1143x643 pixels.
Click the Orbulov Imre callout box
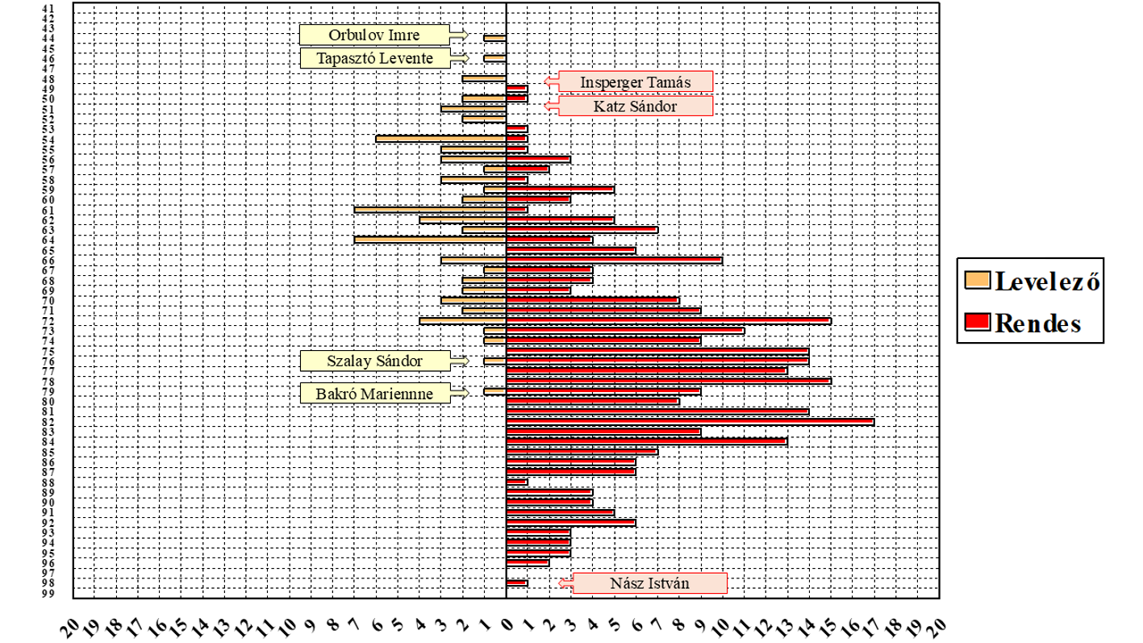[374, 35]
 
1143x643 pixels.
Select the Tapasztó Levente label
[374, 58]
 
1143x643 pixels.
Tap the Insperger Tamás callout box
[636, 81]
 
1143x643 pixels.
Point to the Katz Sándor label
[636, 106]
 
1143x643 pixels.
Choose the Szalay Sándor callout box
[374, 361]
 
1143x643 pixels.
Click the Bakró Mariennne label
[374, 394]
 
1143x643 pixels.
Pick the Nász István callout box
[649, 583]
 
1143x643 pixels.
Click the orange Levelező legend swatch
[977, 280]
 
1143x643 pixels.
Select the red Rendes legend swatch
[977, 323]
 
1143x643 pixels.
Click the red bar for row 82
[690, 422]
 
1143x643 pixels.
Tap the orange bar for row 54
[441, 139]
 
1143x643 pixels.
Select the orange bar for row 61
[430, 210]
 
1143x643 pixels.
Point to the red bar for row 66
[615, 261]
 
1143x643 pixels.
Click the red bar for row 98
[517, 583]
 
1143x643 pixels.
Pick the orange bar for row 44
[495, 38]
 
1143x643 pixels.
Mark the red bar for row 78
[669, 382]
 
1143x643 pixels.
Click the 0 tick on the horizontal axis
[507, 624]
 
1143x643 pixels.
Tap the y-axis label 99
[48, 594]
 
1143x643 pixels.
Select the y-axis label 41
[48, 9]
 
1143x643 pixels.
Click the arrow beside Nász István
[565, 583]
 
